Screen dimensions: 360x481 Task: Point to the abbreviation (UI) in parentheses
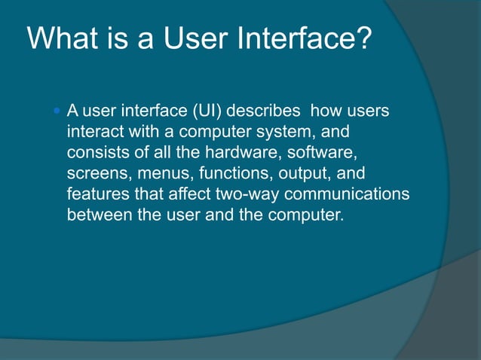click(207, 112)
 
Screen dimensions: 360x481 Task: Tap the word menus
click(160, 173)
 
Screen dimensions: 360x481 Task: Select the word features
click(95, 194)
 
